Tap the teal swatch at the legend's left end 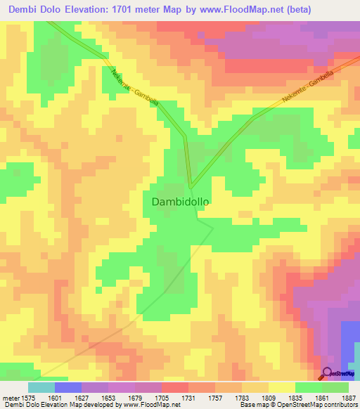(x=41, y=387)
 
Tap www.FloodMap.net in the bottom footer (x=149, y=405)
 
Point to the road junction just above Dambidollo (x=190, y=185)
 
